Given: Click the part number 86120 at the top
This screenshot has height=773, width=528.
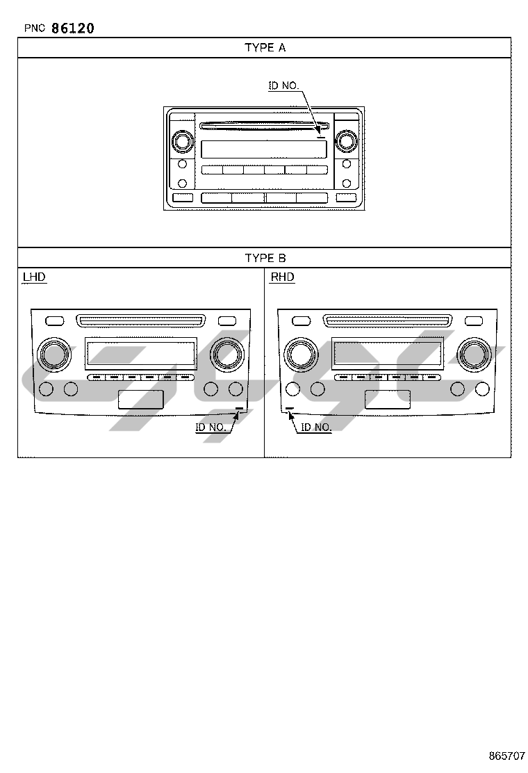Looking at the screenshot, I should click(x=73, y=28).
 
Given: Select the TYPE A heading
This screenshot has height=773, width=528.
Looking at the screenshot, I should click(x=265, y=47).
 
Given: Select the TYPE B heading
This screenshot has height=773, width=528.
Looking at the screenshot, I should click(x=265, y=258).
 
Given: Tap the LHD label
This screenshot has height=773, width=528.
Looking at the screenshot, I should click(x=34, y=277).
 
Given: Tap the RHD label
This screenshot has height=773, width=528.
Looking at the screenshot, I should click(x=282, y=277).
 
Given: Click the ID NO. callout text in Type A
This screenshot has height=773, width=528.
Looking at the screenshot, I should click(x=283, y=86).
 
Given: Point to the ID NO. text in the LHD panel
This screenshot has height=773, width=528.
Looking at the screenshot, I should click(x=211, y=427).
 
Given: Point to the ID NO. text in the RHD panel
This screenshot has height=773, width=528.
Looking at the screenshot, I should click(x=316, y=427).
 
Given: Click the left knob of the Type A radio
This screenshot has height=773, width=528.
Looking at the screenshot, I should click(x=182, y=142).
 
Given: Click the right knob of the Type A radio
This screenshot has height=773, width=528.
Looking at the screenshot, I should click(x=345, y=142).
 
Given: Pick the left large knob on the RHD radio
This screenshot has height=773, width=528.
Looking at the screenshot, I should click(x=299, y=354).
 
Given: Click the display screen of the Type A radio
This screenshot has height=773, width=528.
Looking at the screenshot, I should click(x=263, y=149).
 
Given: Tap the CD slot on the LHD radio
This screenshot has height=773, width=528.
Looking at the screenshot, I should click(x=141, y=320).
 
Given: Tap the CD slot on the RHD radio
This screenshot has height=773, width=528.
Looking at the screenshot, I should click(x=387, y=320).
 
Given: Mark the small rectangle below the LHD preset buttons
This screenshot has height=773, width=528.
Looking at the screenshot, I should click(x=141, y=399).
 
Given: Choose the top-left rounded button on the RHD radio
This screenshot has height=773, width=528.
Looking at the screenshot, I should click(x=301, y=320).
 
